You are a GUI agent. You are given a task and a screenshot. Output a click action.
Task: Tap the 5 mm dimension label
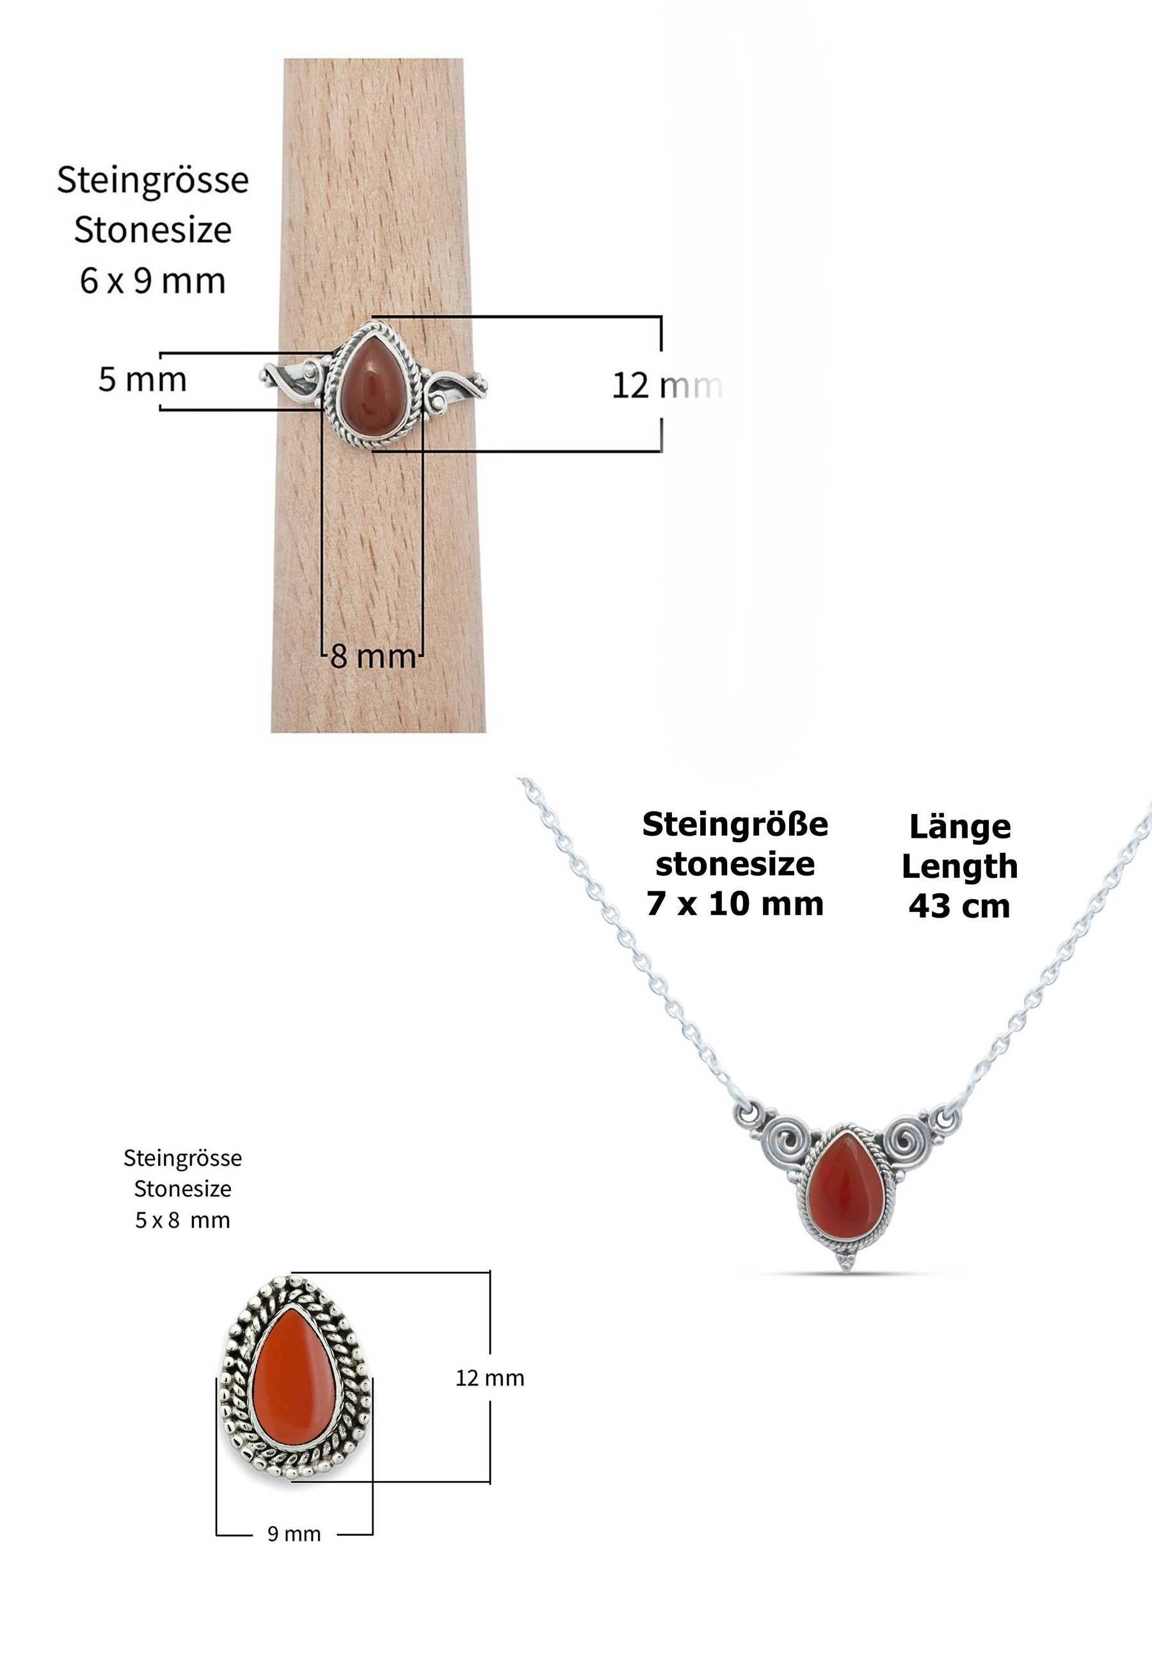click(142, 380)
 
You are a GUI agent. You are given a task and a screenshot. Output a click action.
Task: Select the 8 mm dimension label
click(373, 657)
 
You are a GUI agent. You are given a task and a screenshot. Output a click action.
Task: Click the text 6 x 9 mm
click(152, 281)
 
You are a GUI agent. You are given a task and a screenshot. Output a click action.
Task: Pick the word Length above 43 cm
click(959, 866)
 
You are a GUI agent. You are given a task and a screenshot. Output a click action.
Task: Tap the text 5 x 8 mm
click(182, 1220)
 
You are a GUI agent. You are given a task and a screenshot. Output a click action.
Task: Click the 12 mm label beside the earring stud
click(490, 1377)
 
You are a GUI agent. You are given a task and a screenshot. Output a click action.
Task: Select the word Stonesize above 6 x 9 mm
click(152, 231)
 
